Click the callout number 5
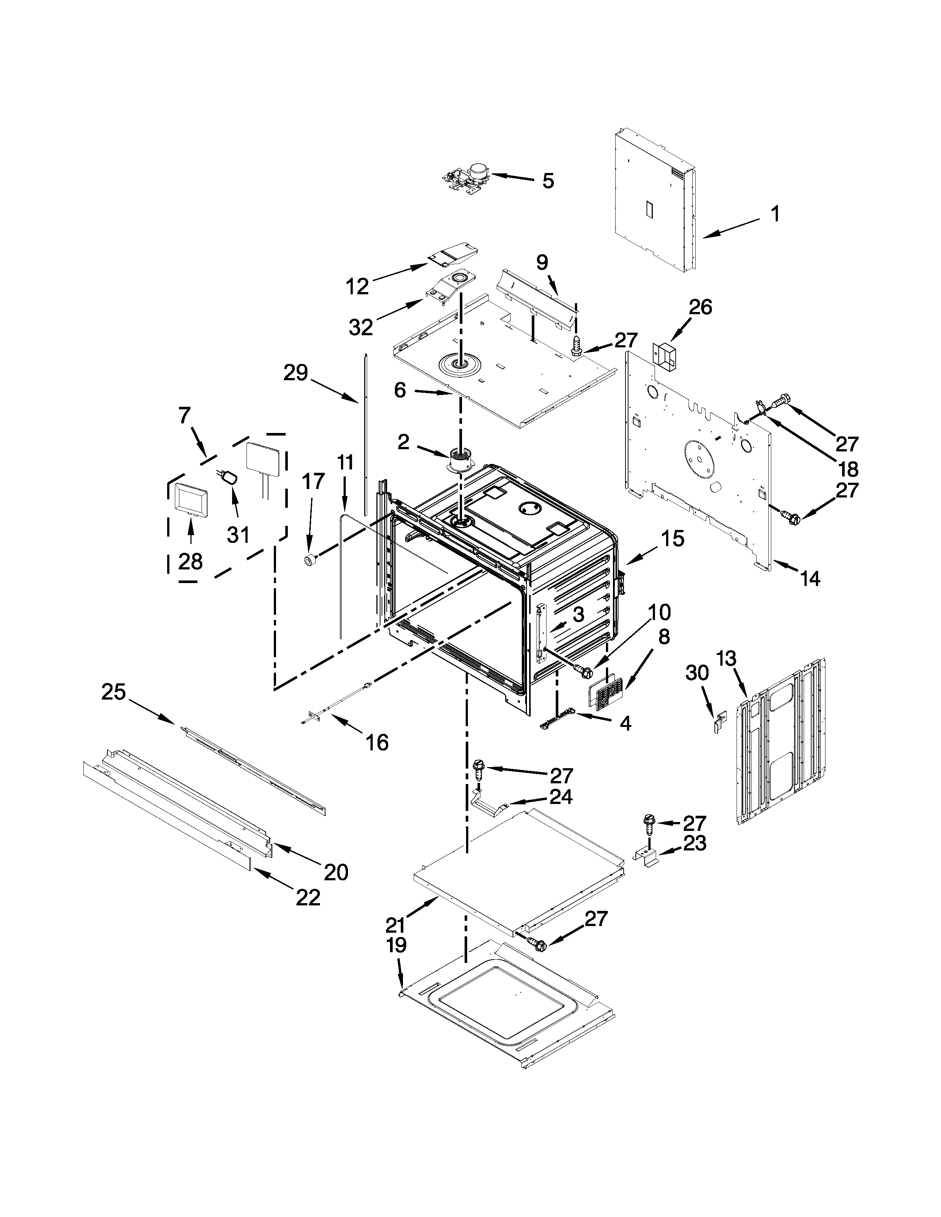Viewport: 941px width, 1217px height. pyautogui.click(x=548, y=181)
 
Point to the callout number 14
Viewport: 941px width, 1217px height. pyautogui.click(x=809, y=579)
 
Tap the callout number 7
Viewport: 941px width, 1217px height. pyautogui.click(x=185, y=415)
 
